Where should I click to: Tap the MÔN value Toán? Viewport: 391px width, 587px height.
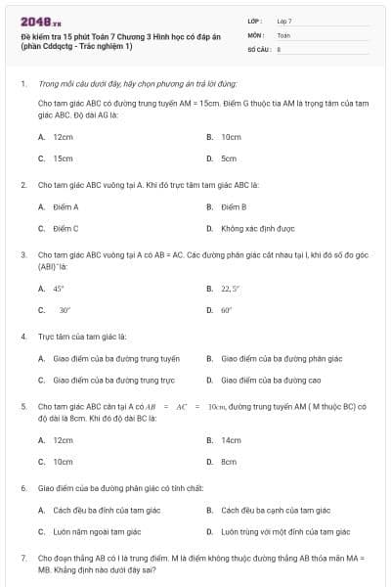283,34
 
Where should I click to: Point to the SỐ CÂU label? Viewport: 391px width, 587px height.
258,48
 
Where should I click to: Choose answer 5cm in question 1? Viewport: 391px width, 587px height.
229,158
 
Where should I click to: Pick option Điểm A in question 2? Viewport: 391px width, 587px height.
65,207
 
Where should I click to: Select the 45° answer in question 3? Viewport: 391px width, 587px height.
59,289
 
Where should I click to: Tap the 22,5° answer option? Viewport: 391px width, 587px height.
231,289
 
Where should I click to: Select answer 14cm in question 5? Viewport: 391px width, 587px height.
231,440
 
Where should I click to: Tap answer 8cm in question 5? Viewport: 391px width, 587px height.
229,461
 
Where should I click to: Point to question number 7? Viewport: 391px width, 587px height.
22,558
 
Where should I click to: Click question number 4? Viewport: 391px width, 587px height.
22,336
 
